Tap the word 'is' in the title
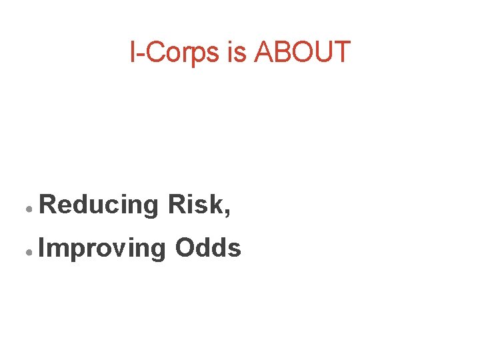(237, 53)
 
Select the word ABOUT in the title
(302, 53)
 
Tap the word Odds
(207, 248)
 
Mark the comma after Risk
(228, 213)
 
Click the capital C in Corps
(153, 53)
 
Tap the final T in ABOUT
(342, 53)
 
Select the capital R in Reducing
(48, 204)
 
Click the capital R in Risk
(177, 204)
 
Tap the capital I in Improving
(42, 248)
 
